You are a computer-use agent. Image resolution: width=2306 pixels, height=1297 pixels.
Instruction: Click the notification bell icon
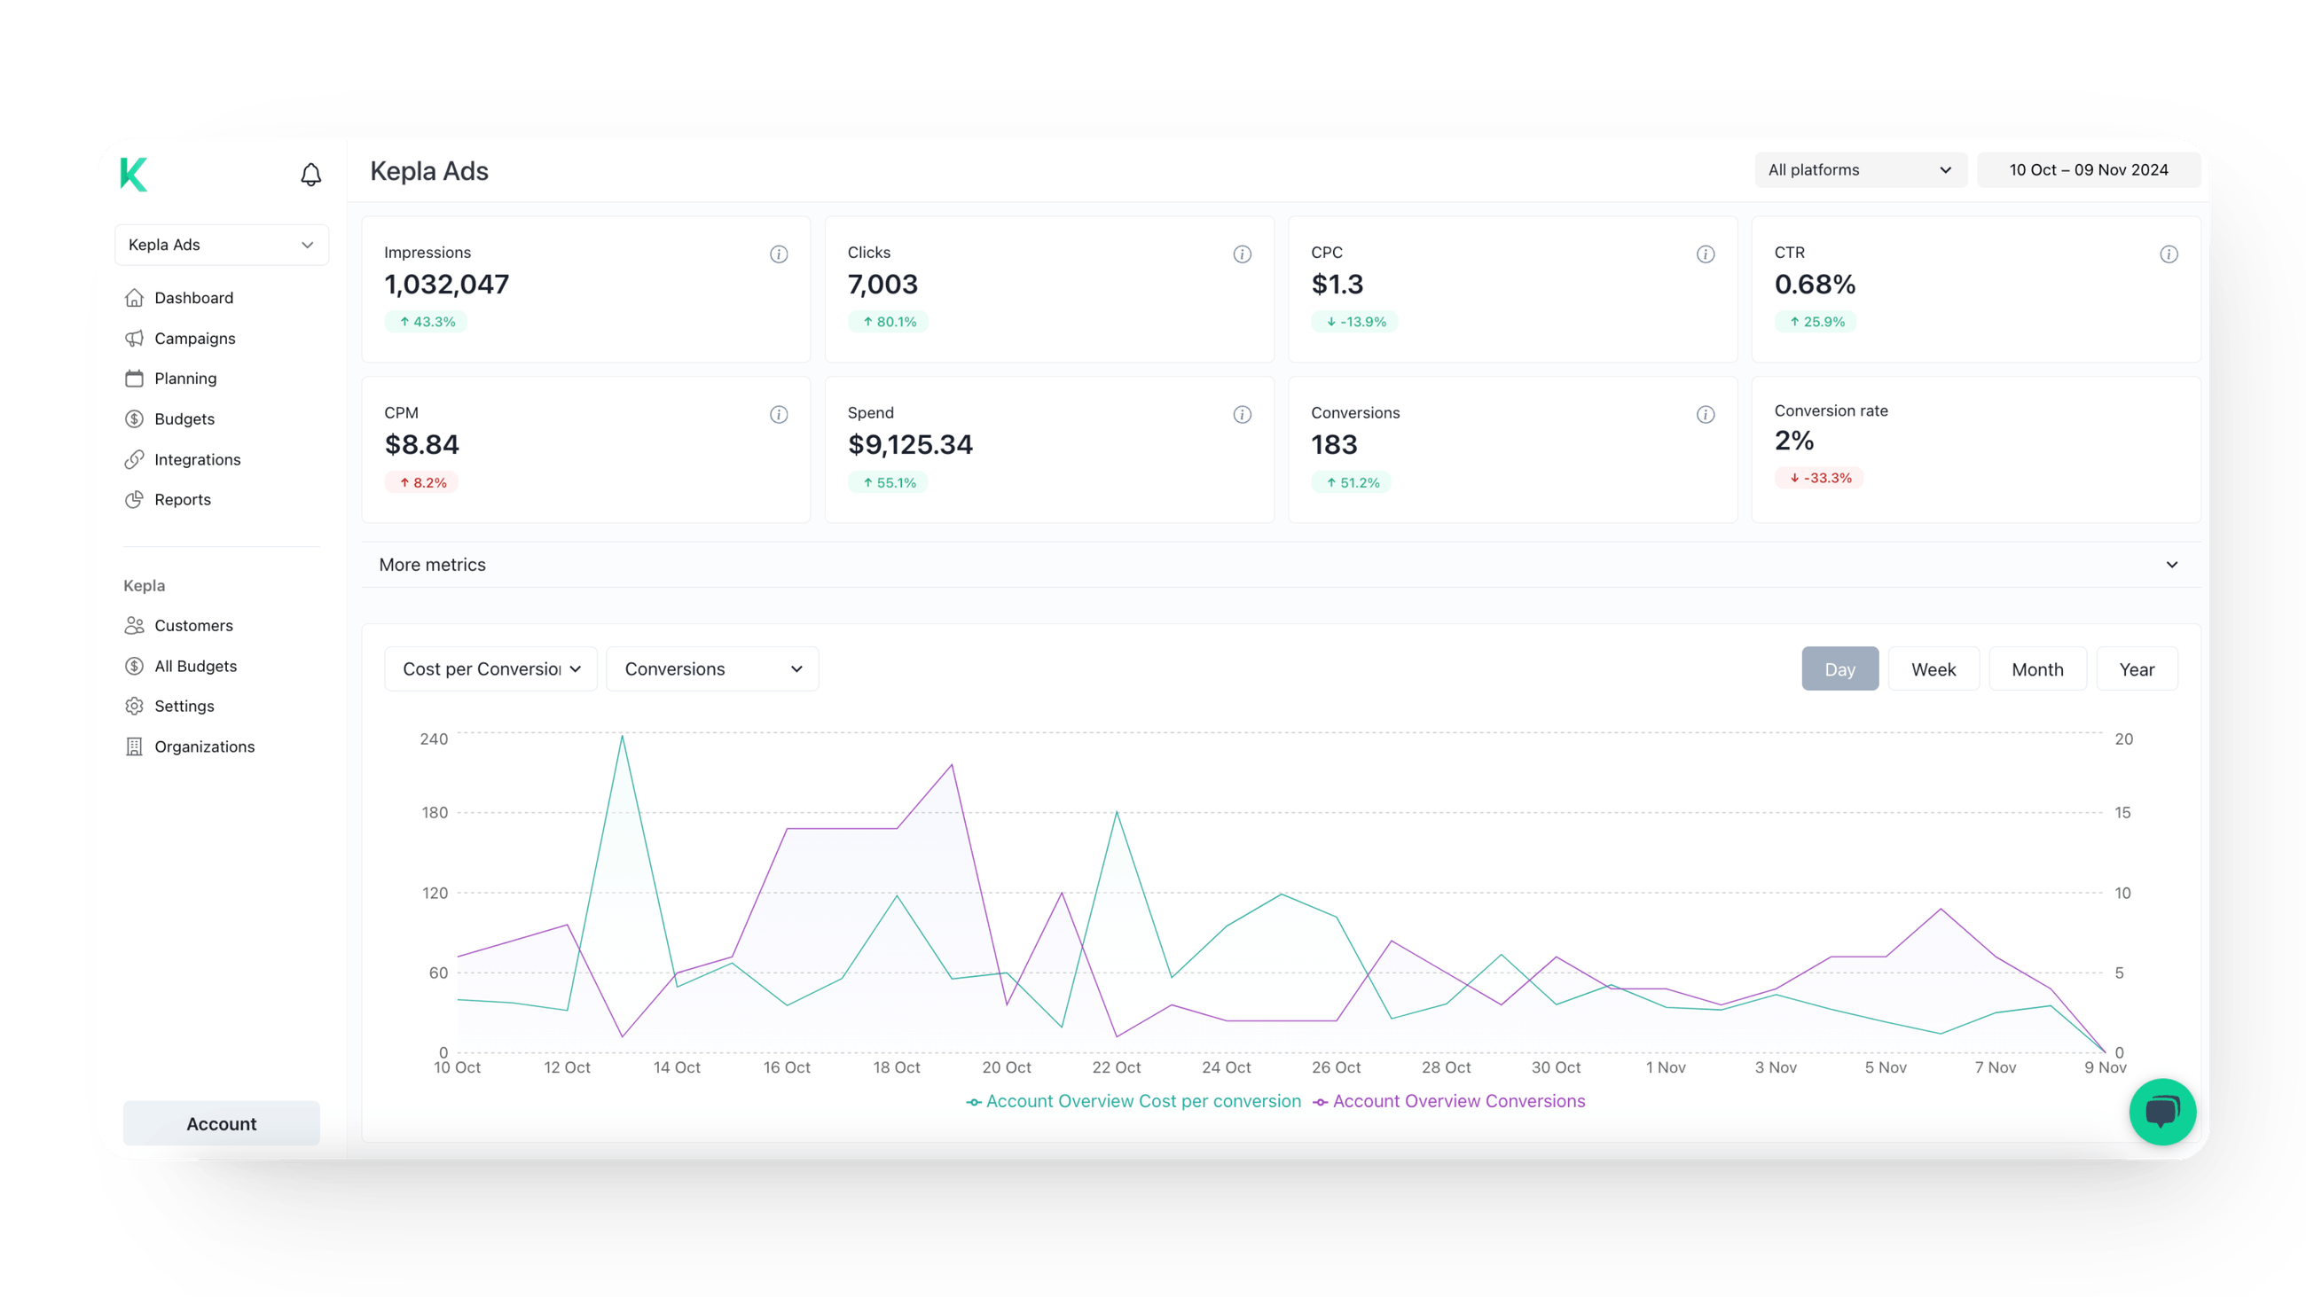(310, 174)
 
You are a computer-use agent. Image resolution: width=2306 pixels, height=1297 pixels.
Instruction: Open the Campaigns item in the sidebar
(194, 339)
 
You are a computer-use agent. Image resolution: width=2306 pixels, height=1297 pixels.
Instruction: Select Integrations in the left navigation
(197, 459)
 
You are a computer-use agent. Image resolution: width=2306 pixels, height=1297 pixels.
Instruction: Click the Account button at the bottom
(221, 1123)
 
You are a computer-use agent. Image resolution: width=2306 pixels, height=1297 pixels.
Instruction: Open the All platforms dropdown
(1859, 170)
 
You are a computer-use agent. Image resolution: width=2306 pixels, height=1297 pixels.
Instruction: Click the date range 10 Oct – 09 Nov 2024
(2088, 170)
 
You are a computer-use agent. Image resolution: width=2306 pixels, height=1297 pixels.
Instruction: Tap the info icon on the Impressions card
(779, 254)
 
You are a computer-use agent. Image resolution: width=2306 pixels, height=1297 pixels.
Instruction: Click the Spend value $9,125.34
(909, 445)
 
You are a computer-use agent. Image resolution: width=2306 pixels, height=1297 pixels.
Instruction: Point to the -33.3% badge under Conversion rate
(1819, 478)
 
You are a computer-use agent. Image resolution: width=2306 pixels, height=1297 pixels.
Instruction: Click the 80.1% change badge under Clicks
(888, 321)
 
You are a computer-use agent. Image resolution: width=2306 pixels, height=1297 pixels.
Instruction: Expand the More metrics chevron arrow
(2172, 565)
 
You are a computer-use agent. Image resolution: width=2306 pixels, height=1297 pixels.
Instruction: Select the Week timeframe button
(1933, 669)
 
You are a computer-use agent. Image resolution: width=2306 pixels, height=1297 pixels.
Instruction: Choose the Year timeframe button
(2136, 669)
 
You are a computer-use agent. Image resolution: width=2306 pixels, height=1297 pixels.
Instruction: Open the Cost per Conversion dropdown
(490, 669)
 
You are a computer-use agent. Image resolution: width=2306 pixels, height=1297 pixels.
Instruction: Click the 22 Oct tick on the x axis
(1117, 1067)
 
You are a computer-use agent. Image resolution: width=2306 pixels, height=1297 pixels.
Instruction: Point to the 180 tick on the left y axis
(435, 813)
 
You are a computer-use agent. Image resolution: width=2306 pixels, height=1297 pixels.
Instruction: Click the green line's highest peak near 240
(622, 736)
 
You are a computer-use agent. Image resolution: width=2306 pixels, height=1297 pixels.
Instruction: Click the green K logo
(134, 174)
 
